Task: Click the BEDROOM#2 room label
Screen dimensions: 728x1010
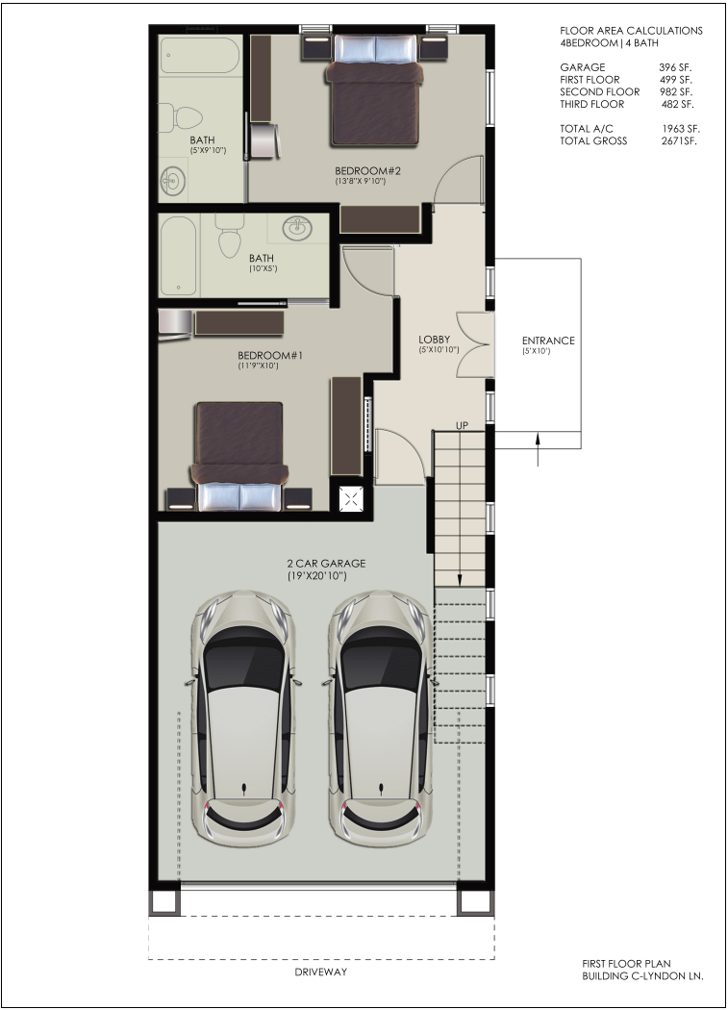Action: click(368, 170)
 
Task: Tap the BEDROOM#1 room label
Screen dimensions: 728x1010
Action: click(270, 356)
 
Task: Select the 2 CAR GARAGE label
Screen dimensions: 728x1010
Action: click(326, 563)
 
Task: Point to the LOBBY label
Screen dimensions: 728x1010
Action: click(435, 340)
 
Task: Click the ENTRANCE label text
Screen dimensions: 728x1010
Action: click(548, 341)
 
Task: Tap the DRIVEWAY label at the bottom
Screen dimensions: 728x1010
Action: click(321, 972)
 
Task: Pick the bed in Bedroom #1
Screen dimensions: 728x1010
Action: click(239, 456)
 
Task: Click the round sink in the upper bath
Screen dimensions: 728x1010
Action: click(173, 181)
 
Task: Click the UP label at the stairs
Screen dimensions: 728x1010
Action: click(462, 425)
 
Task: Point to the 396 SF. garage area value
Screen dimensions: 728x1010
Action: click(675, 67)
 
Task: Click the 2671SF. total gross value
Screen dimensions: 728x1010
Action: click(679, 141)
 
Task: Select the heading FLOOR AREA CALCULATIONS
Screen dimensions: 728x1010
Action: click(632, 30)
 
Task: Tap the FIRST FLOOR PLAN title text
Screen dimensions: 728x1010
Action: click(626, 964)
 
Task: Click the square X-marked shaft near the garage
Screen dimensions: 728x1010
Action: click(352, 498)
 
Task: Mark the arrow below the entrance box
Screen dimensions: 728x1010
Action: click(539, 449)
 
